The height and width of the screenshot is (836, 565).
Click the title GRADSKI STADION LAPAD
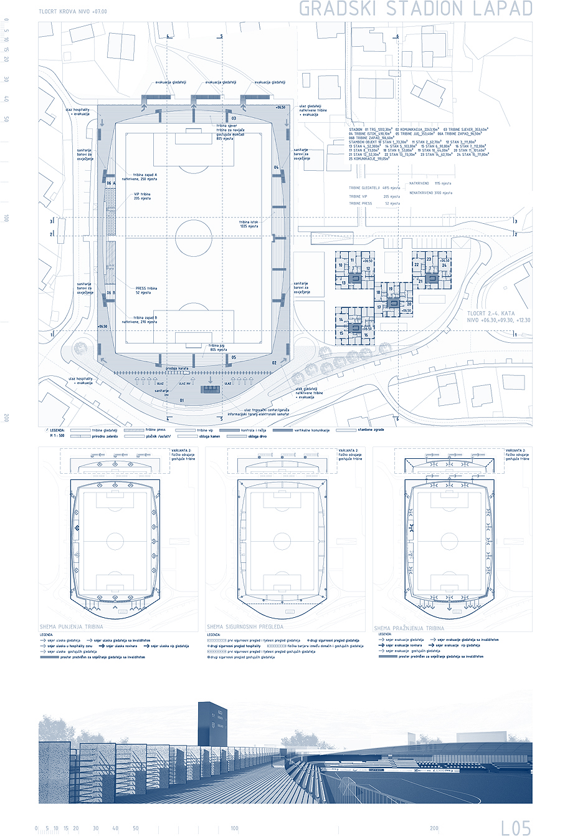[416, 9]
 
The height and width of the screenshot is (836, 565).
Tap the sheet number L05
[516, 827]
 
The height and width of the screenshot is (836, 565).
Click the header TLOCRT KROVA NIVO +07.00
[72, 12]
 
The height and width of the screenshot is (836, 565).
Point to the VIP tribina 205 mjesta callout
[143, 196]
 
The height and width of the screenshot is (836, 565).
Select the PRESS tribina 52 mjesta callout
[146, 291]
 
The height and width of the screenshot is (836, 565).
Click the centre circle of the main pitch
[194, 238]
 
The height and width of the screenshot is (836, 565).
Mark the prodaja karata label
[177, 368]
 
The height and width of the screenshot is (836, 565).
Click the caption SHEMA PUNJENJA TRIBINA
[72, 627]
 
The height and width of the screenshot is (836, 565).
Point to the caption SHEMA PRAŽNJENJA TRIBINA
[409, 628]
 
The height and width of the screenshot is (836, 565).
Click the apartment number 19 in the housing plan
[391, 289]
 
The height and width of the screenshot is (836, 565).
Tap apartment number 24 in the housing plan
[444, 266]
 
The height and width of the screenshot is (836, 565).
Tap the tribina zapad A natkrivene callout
[145, 177]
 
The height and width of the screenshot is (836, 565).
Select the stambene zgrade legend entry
[370, 430]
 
